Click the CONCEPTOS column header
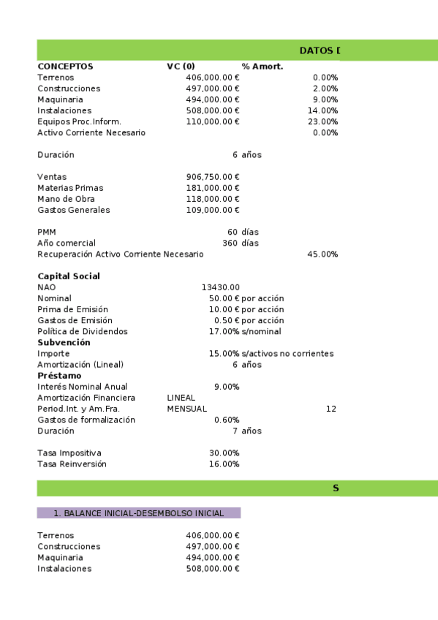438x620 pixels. point(65,67)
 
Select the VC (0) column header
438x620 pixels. point(181,67)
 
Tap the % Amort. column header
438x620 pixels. point(262,67)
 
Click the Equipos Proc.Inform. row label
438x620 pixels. point(79,121)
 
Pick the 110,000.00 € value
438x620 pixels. point(213,121)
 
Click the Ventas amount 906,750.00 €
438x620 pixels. point(213,177)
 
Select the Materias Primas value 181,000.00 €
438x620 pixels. point(213,188)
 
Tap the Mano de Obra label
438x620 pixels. point(66,199)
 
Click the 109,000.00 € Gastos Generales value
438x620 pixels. point(213,210)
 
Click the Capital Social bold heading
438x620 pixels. point(69,276)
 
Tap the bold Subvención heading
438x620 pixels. point(64,342)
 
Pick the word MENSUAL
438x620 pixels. point(186,409)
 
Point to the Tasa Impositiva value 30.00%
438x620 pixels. point(224,453)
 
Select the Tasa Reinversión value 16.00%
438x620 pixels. point(224,464)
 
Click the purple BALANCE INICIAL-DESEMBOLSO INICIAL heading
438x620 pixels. point(138,513)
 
